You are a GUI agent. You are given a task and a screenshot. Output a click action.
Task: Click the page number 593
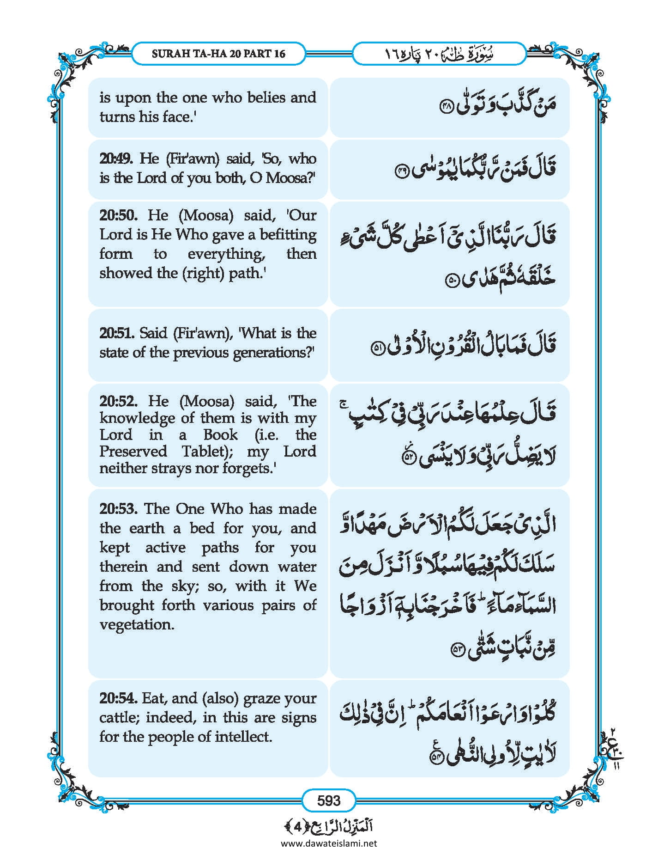coord(329,800)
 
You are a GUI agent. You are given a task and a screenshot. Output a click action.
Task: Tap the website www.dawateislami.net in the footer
coord(329,843)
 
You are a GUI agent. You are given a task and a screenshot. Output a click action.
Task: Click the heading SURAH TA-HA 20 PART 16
coord(218,54)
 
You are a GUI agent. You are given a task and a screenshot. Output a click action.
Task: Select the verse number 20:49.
coord(116,159)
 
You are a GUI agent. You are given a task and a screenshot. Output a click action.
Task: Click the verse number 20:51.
coord(116,333)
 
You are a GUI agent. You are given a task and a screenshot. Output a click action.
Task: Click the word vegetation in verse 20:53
coord(137,624)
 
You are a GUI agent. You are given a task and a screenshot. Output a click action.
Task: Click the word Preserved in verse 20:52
coord(133,451)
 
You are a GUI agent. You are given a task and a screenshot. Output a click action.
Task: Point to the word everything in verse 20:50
coord(226,254)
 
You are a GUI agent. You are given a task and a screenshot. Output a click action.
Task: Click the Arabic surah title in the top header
coord(439,54)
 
